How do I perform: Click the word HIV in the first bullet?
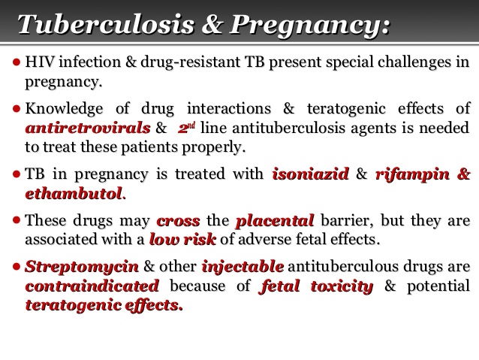39,62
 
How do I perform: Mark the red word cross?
179,222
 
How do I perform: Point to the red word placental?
274,222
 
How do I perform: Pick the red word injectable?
242,268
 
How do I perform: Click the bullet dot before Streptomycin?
18,268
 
